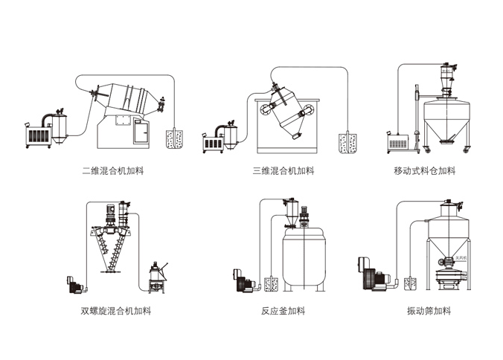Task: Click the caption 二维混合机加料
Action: click(112, 171)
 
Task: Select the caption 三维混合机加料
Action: click(283, 171)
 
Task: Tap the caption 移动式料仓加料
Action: click(424, 171)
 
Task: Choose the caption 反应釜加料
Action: click(283, 311)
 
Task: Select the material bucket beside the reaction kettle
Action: click(270, 283)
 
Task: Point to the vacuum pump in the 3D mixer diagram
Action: click(217, 140)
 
